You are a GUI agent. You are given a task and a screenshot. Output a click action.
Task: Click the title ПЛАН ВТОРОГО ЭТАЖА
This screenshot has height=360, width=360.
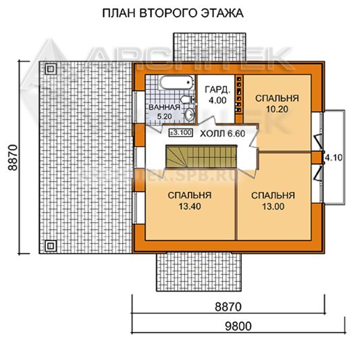pyautogui.click(x=173, y=13)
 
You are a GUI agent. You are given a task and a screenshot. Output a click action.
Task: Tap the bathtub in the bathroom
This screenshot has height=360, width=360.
pyautogui.click(x=176, y=83)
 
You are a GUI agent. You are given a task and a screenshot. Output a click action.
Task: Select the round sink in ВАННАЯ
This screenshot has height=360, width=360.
pyautogui.click(x=189, y=114)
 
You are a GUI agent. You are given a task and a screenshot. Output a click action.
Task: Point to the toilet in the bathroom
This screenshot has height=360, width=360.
pyautogui.click(x=187, y=100)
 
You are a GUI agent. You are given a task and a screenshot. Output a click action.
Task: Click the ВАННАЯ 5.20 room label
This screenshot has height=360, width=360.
pyautogui.click(x=164, y=111)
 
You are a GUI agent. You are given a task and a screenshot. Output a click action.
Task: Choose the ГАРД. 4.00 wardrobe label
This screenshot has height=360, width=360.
pyautogui.click(x=217, y=95)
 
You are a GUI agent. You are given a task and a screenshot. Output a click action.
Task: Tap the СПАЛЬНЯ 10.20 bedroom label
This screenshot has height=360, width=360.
pyautogui.click(x=277, y=103)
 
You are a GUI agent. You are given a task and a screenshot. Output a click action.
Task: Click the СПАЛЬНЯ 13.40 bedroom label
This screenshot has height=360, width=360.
pyautogui.click(x=190, y=201)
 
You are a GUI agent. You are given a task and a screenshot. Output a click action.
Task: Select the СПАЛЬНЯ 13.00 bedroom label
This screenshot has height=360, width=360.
pyautogui.click(x=273, y=201)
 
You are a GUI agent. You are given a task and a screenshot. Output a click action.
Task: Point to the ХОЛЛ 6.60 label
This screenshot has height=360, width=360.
pyautogui.click(x=222, y=133)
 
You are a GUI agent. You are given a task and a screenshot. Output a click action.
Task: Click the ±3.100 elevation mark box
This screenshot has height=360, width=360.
pyautogui.click(x=180, y=132)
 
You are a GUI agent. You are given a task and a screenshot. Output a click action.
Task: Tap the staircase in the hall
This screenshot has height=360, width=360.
pyautogui.click(x=201, y=156)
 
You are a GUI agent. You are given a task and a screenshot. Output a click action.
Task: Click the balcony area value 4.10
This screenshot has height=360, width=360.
pyautogui.click(x=334, y=158)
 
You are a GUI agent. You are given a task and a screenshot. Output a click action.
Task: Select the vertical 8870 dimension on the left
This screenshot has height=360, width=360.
pyautogui.click(x=13, y=157)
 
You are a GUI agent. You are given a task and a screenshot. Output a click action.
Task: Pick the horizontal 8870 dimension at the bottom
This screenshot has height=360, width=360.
pyautogui.click(x=228, y=307)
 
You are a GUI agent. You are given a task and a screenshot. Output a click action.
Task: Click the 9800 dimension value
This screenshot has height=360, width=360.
pyautogui.click(x=238, y=326)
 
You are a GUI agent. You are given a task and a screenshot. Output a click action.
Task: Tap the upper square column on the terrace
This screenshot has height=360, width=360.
pyautogui.click(x=51, y=69)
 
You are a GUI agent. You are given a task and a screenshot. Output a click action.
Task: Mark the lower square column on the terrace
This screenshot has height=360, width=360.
pyautogui.click(x=51, y=246)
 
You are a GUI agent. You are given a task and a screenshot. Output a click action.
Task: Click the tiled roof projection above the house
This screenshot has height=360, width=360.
pyautogui.click(x=209, y=47)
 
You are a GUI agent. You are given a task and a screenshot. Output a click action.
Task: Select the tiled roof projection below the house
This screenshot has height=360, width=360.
pyautogui.click(x=199, y=272)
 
